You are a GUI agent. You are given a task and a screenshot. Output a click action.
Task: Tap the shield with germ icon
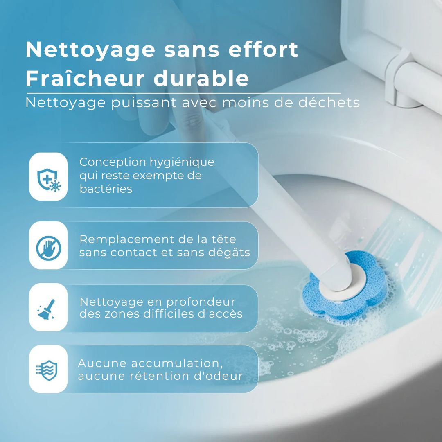click(x=48, y=177)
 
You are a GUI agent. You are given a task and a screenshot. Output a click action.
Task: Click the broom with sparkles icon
click(x=48, y=308)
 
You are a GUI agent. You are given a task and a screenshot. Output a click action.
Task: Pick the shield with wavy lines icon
click(x=48, y=370)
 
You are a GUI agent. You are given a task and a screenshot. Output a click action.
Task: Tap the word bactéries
click(x=106, y=189)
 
